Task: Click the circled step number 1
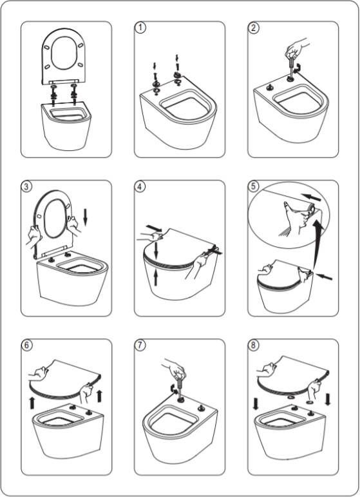pos(140,28)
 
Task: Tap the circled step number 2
pos(253,28)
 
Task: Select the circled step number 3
pos(26,186)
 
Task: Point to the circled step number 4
pos(140,186)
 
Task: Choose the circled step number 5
pos(253,186)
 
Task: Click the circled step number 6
pos(26,345)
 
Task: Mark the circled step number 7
pos(140,345)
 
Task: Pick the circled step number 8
pos(253,345)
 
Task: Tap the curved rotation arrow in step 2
pos(298,68)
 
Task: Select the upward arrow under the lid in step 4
pos(156,277)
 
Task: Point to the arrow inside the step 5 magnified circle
pos(311,197)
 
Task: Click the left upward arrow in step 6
pos(32,402)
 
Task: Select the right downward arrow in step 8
pos(328,399)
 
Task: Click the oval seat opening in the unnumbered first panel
pos(64,52)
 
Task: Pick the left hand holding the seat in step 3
pos(34,236)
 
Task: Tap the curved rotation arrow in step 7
pos(173,389)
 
